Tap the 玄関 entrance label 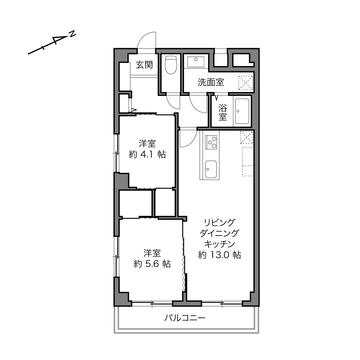pos(144,65)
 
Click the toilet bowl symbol pos(171,65)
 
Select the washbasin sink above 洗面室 pos(196,62)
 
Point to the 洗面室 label pos(211,82)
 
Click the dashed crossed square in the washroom pos(246,83)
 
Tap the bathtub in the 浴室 pos(242,111)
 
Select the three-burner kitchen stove pos(211,142)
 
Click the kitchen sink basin pos(211,169)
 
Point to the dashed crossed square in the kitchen pos(247,137)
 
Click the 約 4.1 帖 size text pos(147,154)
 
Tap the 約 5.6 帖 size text pos(152,264)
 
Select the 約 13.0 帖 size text pos(219,255)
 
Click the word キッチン pos(219,244)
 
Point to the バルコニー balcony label pos(185,318)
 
